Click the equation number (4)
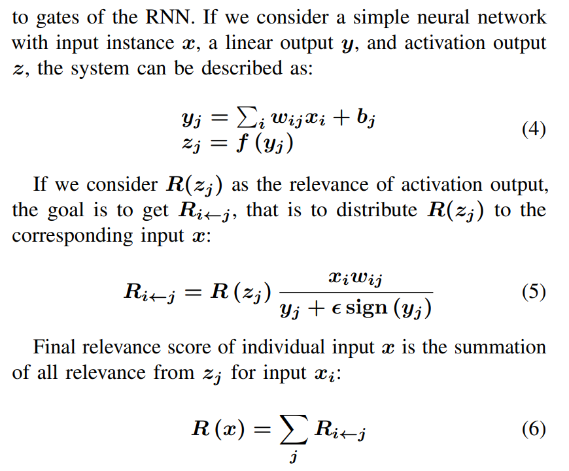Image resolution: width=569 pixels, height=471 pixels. click(x=533, y=129)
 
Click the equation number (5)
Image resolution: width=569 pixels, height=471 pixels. click(x=533, y=291)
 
